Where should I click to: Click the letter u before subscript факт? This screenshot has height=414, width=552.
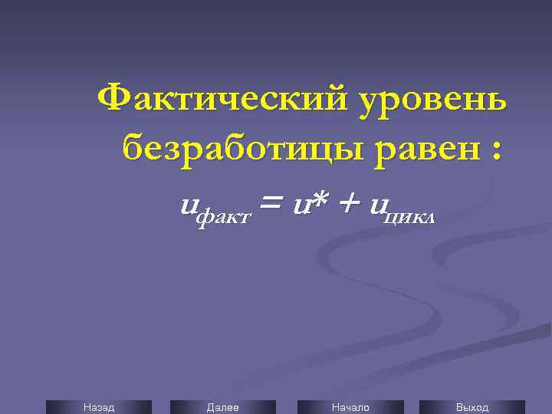[188, 206]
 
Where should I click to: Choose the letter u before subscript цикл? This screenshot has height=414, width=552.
[377, 206]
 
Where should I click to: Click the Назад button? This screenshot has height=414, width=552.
[98, 407]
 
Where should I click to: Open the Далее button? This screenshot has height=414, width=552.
[222, 407]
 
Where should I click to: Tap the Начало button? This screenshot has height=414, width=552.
[350, 407]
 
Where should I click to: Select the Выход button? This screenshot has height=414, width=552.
[472, 407]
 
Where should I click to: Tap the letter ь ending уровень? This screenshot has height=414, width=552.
[495, 101]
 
